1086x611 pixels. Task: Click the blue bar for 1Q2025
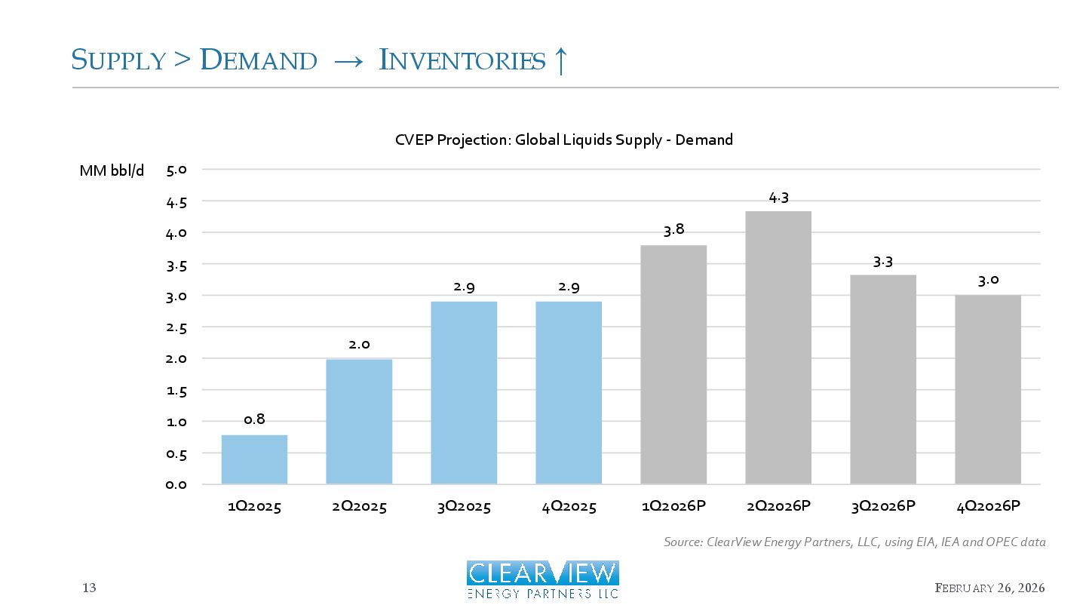(x=254, y=459)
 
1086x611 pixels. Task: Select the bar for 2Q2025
(x=359, y=422)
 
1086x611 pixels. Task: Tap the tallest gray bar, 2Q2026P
(x=778, y=348)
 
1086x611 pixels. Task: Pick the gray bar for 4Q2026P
(x=988, y=389)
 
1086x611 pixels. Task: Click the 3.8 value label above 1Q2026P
(x=673, y=230)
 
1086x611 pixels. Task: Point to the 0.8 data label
(x=254, y=419)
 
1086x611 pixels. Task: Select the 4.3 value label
(x=778, y=198)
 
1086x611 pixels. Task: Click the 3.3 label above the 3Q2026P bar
(x=883, y=262)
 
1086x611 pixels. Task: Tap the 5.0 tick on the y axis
(x=176, y=170)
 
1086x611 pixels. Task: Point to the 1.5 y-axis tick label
(x=176, y=391)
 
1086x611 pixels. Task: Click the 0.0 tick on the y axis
(x=176, y=484)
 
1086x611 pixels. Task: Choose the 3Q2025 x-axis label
(x=464, y=507)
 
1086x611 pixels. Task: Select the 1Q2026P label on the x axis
(x=673, y=507)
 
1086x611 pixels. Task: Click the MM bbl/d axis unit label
(x=112, y=170)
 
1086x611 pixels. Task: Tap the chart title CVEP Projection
(x=563, y=140)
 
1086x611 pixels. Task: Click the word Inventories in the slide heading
(x=462, y=60)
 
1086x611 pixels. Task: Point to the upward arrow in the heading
(x=560, y=60)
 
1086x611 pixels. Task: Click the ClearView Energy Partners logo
(x=542, y=579)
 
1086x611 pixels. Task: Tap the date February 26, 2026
(x=989, y=588)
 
